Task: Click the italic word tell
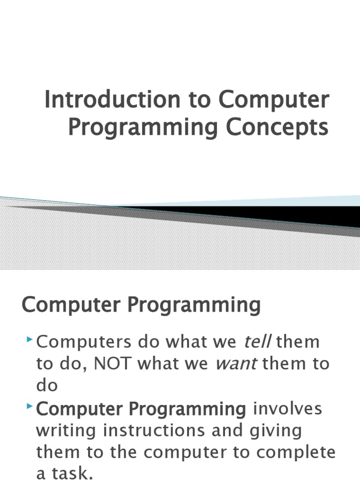click(x=258, y=342)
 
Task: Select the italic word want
click(x=236, y=364)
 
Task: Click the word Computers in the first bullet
click(x=85, y=342)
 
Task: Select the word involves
click(x=287, y=409)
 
